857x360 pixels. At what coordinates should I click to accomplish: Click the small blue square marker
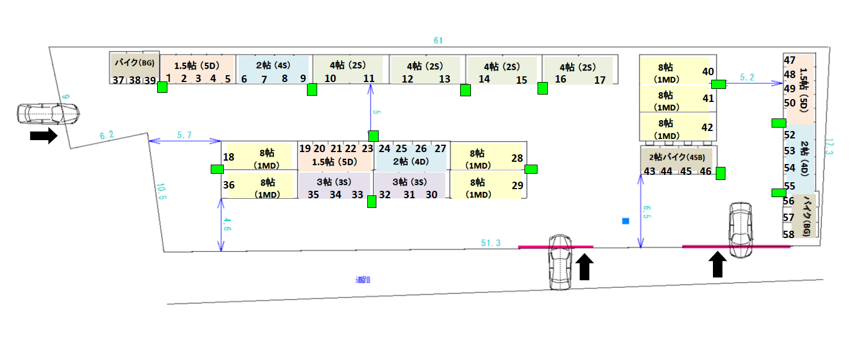626,220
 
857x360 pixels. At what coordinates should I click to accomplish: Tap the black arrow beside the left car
44,136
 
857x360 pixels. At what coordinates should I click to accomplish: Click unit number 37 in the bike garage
118,80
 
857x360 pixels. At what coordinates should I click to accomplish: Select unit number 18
229,157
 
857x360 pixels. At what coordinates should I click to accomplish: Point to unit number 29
517,185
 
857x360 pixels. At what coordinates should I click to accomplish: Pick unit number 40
708,71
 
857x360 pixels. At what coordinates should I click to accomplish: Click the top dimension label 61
437,40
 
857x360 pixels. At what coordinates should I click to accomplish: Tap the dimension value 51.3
490,243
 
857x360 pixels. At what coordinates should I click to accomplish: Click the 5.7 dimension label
184,135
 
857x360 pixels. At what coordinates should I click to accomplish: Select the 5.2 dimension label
748,77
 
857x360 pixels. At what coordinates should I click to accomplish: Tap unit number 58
789,234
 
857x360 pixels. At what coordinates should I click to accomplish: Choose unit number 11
369,79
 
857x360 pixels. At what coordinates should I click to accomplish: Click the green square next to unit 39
162,87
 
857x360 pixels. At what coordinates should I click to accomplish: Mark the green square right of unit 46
720,173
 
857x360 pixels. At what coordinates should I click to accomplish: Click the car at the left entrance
48,114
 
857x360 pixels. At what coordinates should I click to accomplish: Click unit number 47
789,60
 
